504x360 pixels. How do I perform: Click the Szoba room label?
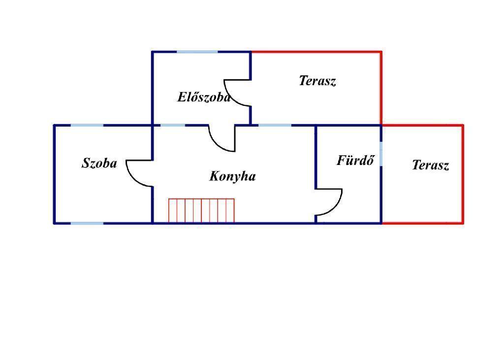click(99, 163)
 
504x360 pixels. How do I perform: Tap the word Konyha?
click(232, 176)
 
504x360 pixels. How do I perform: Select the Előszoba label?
click(204, 97)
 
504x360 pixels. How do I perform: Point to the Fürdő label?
click(356, 160)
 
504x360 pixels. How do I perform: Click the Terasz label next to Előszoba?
click(317, 81)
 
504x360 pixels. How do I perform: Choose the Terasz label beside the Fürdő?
click(430, 165)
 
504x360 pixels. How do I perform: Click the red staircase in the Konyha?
click(201, 211)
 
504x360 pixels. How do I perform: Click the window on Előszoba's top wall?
click(197, 52)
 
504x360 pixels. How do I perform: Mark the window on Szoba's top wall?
click(87, 125)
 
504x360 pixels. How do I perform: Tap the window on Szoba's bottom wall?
click(87, 223)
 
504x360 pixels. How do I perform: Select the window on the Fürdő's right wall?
click(381, 154)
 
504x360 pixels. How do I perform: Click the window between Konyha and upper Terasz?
click(275, 125)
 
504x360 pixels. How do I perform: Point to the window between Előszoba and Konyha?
click(173, 125)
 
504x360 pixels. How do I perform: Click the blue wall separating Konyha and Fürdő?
click(315, 157)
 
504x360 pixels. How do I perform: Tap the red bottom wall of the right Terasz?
click(422, 223)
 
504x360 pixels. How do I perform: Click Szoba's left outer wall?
click(54, 174)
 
